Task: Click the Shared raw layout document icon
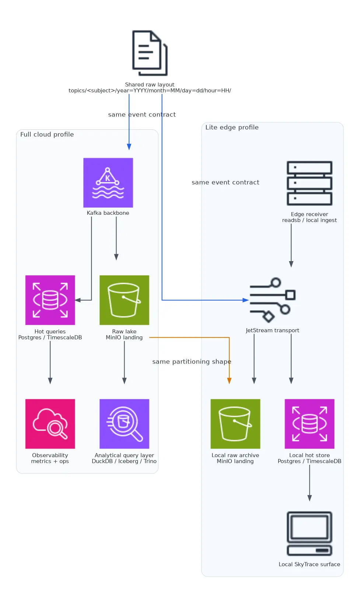[x=150, y=53]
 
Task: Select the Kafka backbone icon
[x=108, y=183]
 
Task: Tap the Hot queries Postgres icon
[x=50, y=300]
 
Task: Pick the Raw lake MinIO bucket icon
[x=124, y=300]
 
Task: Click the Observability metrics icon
[x=50, y=424]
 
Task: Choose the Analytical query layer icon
[x=124, y=424]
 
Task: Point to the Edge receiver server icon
[x=309, y=183]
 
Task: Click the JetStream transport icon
[x=272, y=300]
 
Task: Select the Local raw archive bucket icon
[x=235, y=424]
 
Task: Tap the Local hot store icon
[x=309, y=424]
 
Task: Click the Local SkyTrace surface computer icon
[x=309, y=533]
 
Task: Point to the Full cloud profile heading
[x=47, y=134]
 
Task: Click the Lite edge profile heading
[x=232, y=127]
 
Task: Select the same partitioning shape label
[x=192, y=362]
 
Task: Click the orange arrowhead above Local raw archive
[x=229, y=381]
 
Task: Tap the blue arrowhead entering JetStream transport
[x=246, y=300]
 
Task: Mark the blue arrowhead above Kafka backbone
[x=129, y=147]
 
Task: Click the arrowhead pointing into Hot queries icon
[x=78, y=300]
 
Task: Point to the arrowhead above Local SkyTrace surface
[x=310, y=498]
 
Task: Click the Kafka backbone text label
[x=108, y=213]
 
